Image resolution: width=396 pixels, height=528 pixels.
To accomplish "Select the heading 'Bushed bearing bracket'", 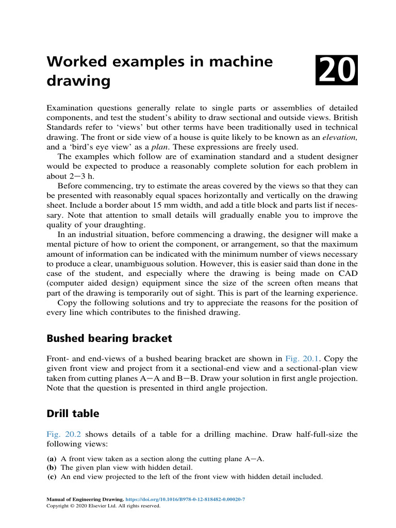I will coord(109,339).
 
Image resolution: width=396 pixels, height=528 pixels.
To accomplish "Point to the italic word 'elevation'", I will coord(339,137).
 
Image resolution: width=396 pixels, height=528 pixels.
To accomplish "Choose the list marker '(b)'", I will coord(52,468).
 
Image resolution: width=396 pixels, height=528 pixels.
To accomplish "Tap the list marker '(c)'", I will coord(52,477).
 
